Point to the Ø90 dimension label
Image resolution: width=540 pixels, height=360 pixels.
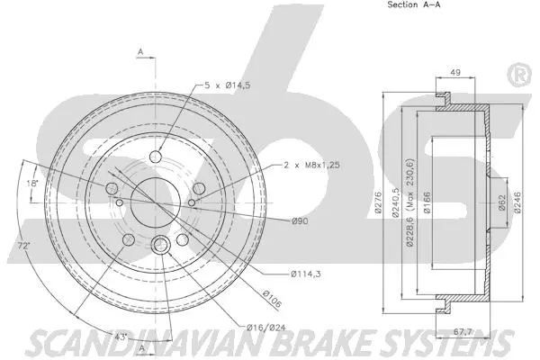(x=300, y=221)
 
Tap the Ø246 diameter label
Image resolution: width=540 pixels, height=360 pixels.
(x=517, y=205)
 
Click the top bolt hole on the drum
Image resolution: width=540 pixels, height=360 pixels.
(x=156, y=158)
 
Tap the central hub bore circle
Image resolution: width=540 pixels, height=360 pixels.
(x=149, y=203)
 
